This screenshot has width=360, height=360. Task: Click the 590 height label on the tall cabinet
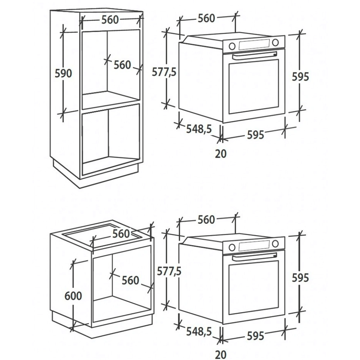tap(63, 73)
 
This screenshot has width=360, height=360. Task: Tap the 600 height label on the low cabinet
tap(73, 296)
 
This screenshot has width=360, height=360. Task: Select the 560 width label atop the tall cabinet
tap(110, 20)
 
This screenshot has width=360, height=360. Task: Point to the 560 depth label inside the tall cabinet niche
tap(122, 65)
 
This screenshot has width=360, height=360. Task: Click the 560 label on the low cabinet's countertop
tap(121, 234)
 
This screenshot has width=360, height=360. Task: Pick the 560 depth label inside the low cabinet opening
tap(130, 280)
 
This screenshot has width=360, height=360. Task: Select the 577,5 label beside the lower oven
tap(169, 272)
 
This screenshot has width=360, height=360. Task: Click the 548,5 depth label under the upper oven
tap(198, 129)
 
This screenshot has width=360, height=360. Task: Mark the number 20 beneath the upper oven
tap(221, 154)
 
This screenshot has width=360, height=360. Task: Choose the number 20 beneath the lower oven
tap(221, 355)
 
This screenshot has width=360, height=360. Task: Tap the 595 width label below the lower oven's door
tap(255, 336)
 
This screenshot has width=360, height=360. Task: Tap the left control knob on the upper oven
tap(232, 46)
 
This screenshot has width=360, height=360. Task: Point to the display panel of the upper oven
tap(254, 44)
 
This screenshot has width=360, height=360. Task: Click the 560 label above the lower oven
tap(206, 220)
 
